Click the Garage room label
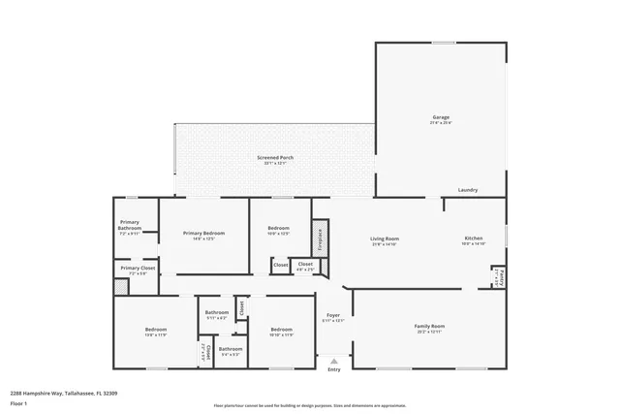coord(441,118)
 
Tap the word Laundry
coord(468,190)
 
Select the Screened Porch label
coord(275,157)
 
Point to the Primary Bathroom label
coord(130,228)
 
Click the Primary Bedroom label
coord(203,233)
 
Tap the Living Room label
coord(385,239)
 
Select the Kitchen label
coord(473,239)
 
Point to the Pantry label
coord(498,277)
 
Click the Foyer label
coord(333,315)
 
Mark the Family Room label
coord(429,326)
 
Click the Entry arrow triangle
coord(334,360)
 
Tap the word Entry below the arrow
coord(334,369)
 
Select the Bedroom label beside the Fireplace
coord(278,229)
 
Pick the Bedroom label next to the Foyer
coord(281,330)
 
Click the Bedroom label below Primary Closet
coord(156,330)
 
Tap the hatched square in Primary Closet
coord(121,287)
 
